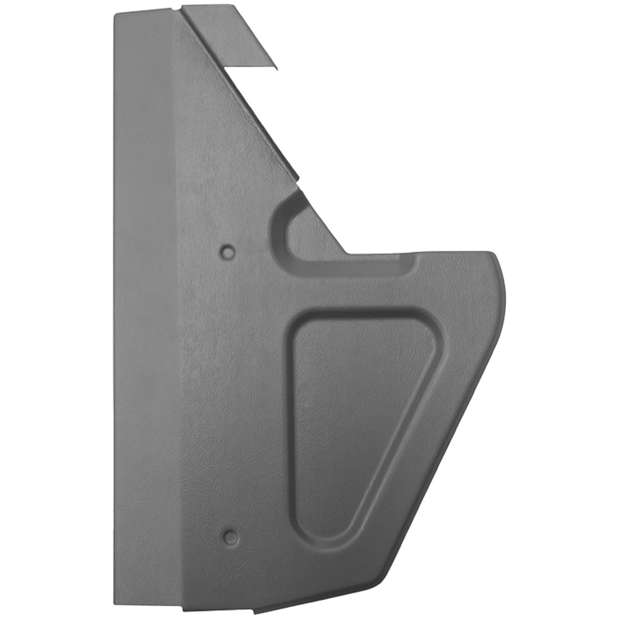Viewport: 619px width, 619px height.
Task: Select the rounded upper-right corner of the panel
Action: pyautogui.click(x=495, y=256)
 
